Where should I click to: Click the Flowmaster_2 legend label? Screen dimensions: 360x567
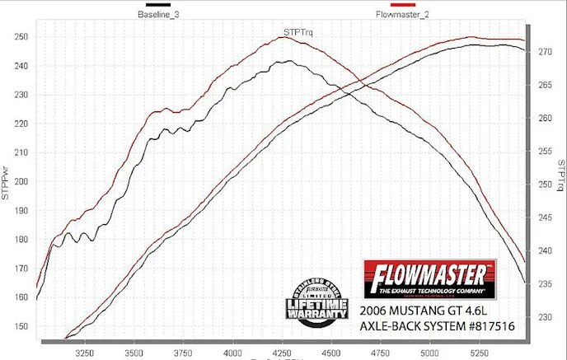[x=401, y=14]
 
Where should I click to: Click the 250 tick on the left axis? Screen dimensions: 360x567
[x=21, y=36]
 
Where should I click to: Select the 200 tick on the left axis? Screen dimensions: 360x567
[x=21, y=182]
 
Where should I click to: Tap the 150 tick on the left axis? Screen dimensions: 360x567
[x=21, y=327]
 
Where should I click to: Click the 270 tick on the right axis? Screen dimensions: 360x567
[x=545, y=51]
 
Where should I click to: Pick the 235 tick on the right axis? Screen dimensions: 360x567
[x=545, y=284]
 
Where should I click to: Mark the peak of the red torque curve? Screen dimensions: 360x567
[x=280, y=36]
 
